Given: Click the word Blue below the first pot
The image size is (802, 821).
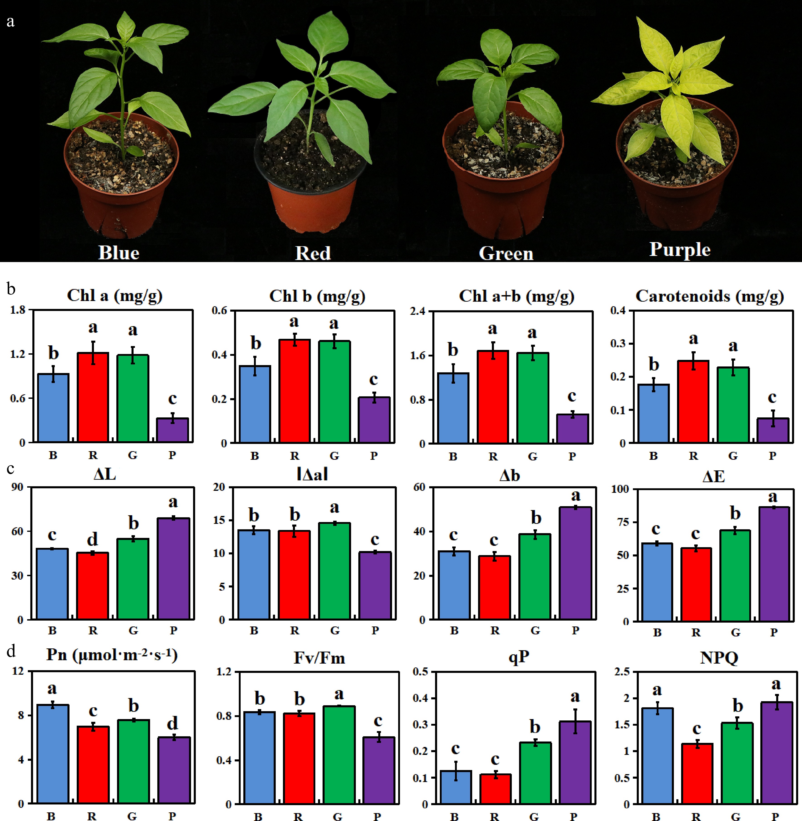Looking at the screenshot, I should coord(119,253).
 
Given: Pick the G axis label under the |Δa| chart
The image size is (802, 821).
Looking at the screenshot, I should coord(335,631).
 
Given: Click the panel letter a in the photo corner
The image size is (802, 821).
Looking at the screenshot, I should coord(11,21).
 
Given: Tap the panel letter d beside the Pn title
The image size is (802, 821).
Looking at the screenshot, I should coord(11,652).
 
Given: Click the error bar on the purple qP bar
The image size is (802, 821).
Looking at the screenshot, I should coord(575,721).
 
